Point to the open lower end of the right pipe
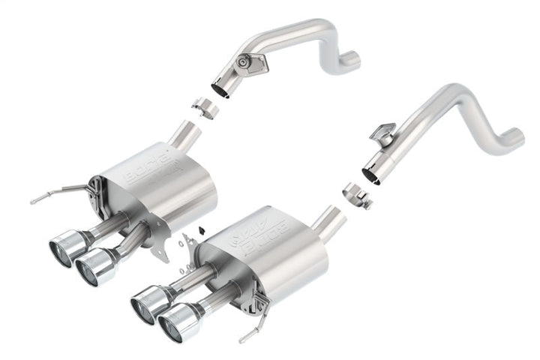pyautogui.click(x=371, y=175)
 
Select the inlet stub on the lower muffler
pyautogui.click(x=330, y=220)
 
